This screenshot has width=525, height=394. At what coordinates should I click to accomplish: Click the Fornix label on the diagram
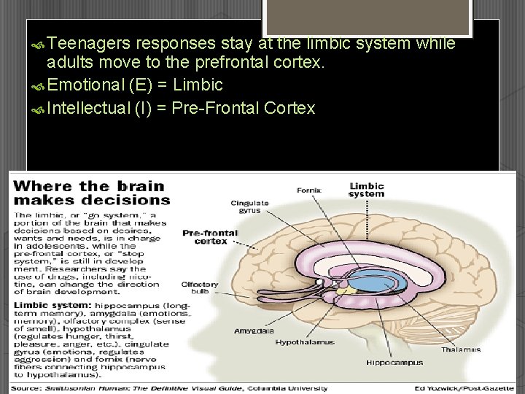pyautogui.click(x=309, y=190)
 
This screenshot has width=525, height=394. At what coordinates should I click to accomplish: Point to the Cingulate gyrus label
pyautogui.click(x=249, y=206)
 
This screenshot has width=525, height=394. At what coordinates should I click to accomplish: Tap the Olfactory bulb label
pyautogui.click(x=200, y=288)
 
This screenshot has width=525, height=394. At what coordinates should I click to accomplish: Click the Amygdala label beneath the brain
pyautogui.click(x=254, y=331)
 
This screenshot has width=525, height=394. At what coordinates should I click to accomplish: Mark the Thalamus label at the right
pyautogui.click(x=461, y=349)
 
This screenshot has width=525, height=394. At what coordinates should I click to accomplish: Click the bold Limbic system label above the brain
pyautogui.click(x=366, y=190)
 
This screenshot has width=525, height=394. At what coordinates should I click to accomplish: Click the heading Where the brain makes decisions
pyautogui.click(x=92, y=192)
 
